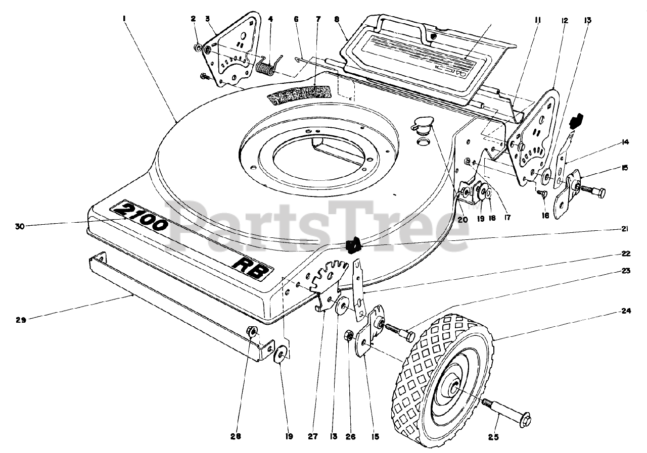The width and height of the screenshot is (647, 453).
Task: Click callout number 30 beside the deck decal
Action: point(20,227)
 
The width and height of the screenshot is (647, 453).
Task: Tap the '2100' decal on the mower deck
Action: point(141,216)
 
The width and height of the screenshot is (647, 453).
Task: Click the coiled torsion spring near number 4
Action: point(265,67)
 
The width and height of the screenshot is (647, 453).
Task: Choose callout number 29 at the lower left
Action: point(20,319)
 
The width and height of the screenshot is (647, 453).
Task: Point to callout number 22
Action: point(626,253)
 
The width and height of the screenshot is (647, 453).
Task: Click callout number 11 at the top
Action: point(537,21)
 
